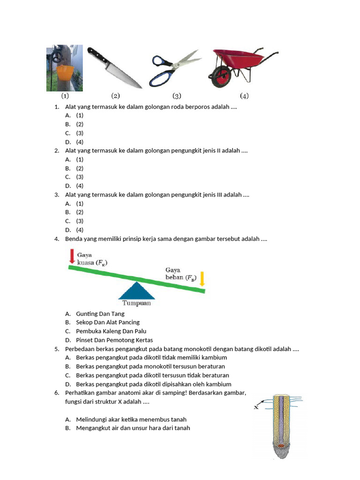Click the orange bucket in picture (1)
pyautogui.click(x=66, y=74)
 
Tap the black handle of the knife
pyautogui.click(x=95, y=55)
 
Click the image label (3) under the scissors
pyautogui.click(x=177, y=96)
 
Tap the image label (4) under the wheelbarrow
pyautogui.click(x=244, y=96)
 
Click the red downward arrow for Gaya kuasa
pyautogui.click(x=72, y=256)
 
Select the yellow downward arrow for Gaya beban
pyautogui.click(x=202, y=278)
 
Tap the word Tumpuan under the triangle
pyautogui.click(x=136, y=303)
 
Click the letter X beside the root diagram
pyautogui.click(x=256, y=407)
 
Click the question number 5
pyautogui.click(x=56, y=349)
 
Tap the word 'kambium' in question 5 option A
pyautogui.click(x=215, y=358)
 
